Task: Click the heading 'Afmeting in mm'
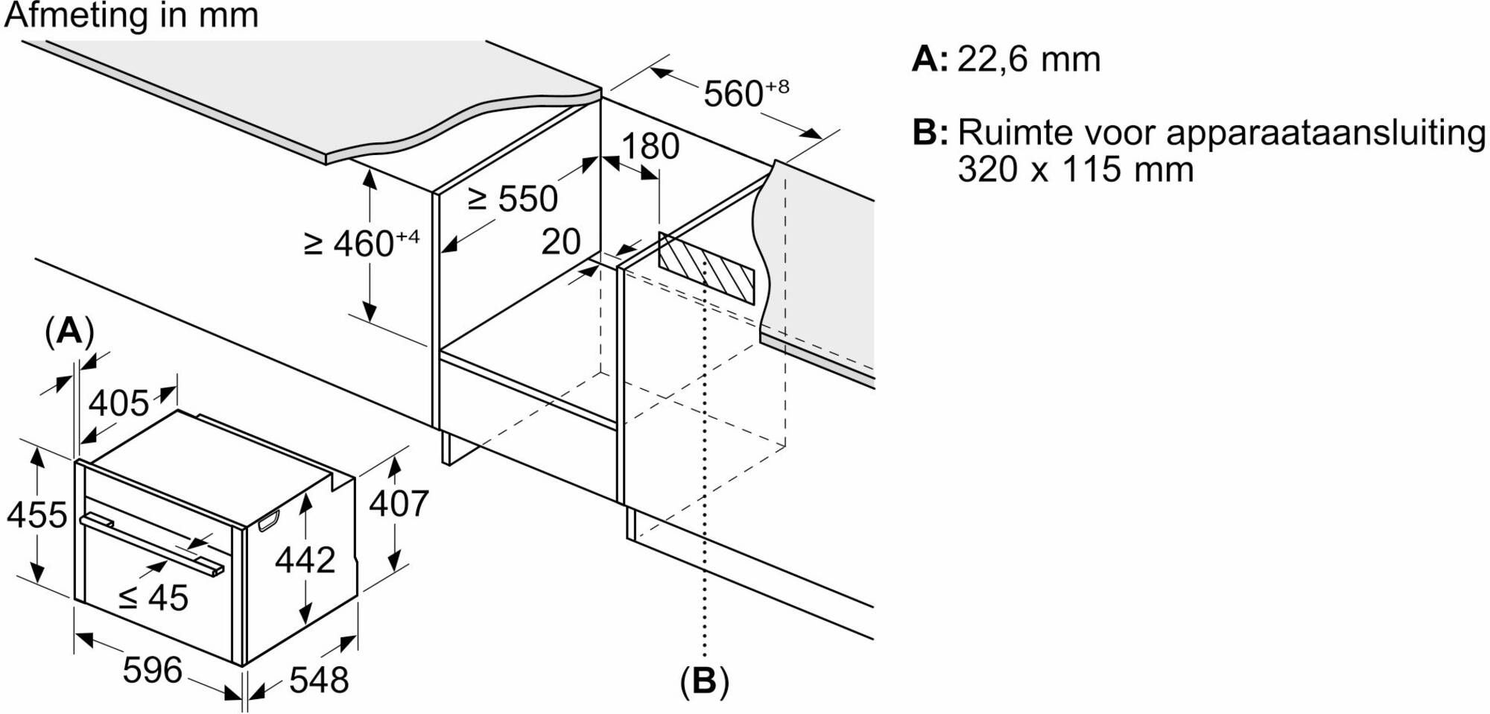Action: point(131,16)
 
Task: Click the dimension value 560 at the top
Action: point(734,94)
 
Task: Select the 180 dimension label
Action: point(650,146)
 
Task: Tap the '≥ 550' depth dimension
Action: point(513,199)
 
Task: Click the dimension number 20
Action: point(561,241)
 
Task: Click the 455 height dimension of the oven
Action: point(37,515)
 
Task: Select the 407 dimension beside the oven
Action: point(399,504)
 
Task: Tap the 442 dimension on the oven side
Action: point(305,560)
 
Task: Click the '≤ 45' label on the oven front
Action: point(154,598)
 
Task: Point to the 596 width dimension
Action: point(152,669)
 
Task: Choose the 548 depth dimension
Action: point(319,680)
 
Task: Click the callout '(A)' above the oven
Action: point(69,330)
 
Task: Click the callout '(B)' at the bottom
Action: point(704,680)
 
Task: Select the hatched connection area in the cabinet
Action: point(706,268)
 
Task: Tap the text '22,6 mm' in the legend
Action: point(1028,59)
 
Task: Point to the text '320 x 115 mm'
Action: point(1075,169)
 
